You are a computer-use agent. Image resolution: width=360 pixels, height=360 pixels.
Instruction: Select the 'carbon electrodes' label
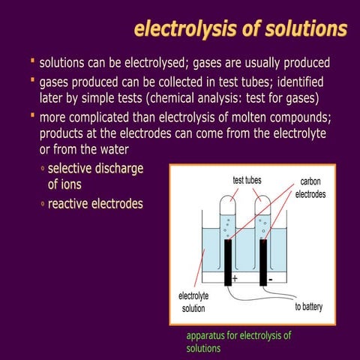coord(310,187)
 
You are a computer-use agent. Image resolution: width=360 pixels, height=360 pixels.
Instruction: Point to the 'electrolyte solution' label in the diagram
coord(193,302)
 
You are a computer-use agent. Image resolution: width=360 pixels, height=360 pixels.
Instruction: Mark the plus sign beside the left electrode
coord(235,278)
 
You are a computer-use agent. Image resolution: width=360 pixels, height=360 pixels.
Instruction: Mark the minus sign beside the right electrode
coord(270,278)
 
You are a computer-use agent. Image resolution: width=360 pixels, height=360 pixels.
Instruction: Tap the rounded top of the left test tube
coord(226,203)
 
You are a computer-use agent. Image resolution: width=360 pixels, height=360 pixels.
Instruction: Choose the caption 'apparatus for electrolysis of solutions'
coord(238,341)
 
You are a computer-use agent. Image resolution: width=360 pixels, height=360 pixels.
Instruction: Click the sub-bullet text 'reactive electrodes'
coord(95,204)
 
